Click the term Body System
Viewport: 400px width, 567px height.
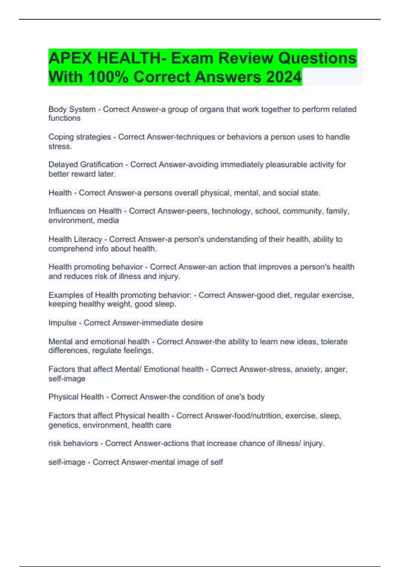(72, 109)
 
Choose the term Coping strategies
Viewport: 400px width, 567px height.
(80, 137)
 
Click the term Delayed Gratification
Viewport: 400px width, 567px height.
(86, 165)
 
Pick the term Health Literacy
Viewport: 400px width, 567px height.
(75, 239)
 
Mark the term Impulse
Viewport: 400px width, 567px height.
(62, 323)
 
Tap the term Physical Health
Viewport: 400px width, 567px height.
(76, 397)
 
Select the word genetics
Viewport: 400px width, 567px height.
(64, 425)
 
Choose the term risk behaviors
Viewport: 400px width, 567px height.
(73, 443)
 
